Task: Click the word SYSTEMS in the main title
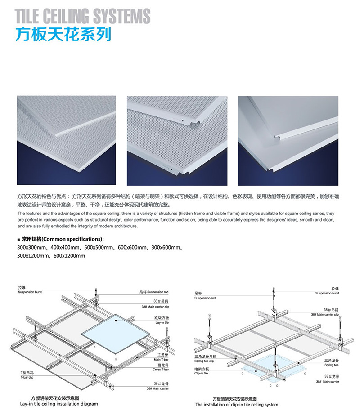pos(121,16)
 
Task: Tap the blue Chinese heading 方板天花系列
pos(63,35)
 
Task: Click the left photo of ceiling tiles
pos(66,140)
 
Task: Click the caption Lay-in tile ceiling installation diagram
pos(59,404)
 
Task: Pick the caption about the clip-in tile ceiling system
pos(237,404)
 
